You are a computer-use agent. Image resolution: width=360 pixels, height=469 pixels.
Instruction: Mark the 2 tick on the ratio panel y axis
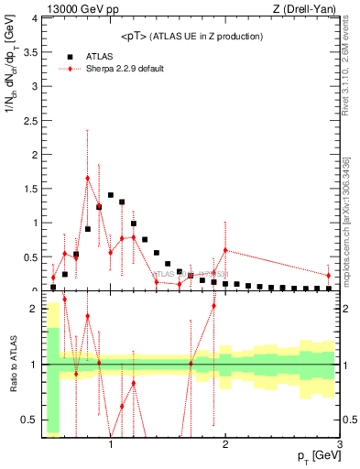(35, 309)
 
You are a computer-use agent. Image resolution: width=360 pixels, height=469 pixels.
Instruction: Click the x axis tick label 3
(339, 445)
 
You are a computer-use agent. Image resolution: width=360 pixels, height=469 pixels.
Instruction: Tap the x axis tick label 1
(111, 445)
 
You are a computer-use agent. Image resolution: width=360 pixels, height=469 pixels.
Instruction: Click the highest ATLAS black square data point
(111, 195)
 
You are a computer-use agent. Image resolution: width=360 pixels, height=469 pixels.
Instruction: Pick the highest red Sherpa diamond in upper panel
(88, 178)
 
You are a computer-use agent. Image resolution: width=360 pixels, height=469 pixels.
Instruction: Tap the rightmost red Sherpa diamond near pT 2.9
(328, 275)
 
